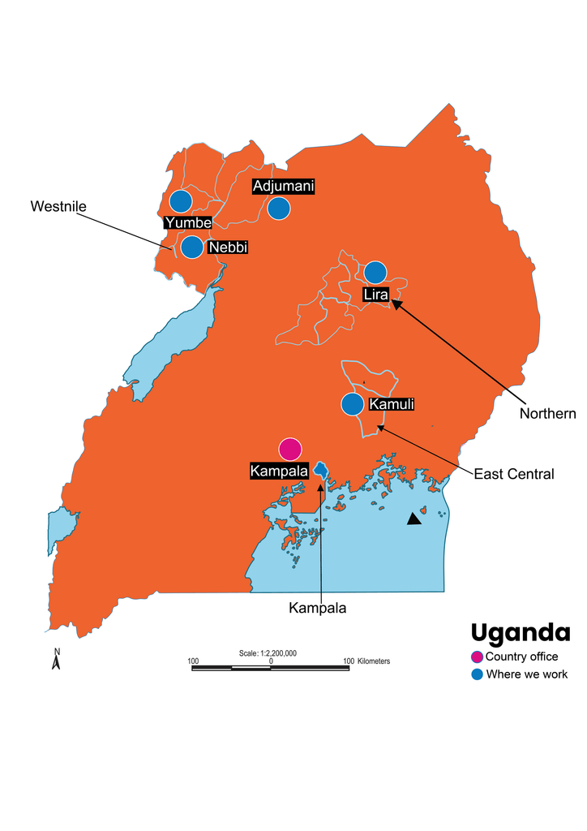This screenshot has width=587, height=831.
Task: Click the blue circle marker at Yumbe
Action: click(x=180, y=201)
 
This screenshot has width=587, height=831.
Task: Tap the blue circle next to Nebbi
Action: click(x=192, y=247)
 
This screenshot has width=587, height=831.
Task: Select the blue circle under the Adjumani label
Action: click(x=279, y=209)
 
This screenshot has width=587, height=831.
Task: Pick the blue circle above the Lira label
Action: click(x=375, y=273)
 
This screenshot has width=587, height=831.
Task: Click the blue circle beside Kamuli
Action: click(x=353, y=403)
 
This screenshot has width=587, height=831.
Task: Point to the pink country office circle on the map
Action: click(x=289, y=449)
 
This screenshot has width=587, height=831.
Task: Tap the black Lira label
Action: click(x=376, y=294)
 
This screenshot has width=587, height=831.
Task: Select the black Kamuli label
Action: click(x=391, y=403)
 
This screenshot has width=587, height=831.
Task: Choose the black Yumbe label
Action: click(x=187, y=222)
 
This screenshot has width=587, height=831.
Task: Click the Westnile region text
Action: click(x=58, y=206)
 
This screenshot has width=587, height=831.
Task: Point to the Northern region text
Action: click(x=547, y=414)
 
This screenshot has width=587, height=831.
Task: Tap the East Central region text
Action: click(x=513, y=474)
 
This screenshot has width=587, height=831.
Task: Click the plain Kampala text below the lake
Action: click(x=317, y=608)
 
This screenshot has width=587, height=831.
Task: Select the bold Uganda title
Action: click(x=520, y=632)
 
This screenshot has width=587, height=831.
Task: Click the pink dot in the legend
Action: click(x=477, y=657)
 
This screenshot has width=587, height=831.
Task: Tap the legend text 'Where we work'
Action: click(x=526, y=674)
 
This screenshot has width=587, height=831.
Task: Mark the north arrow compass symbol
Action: click(x=57, y=659)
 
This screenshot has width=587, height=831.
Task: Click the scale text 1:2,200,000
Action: click(x=268, y=653)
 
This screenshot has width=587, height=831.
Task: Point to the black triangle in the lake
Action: click(x=415, y=519)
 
